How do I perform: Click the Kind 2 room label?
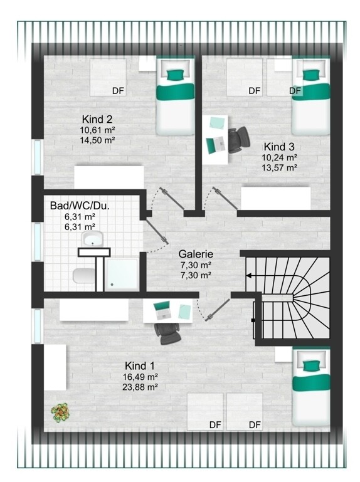[x=97, y=119]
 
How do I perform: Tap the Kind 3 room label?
[x=278, y=147]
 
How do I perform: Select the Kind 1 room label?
[x=140, y=366]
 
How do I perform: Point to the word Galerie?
[x=196, y=254]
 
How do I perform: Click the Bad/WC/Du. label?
[x=80, y=206]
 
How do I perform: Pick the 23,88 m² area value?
[x=140, y=387]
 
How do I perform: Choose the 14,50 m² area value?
[x=97, y=140]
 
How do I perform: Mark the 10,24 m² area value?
[x=279, y=157]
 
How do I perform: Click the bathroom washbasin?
[x=92, y=239]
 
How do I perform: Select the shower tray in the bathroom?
[x=122, y=274]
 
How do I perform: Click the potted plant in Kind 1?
[x=60, y=412]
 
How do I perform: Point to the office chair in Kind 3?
[x=238, y=139]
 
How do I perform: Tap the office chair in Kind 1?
[x=167, y=333]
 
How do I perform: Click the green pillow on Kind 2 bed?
[x=176, y=75]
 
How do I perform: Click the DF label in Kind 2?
[x=118, y=91]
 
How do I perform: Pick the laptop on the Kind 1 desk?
[x=163, y=310]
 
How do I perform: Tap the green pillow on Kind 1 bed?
[x=312, y=366]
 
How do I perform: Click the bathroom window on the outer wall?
[x=37, y=242]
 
